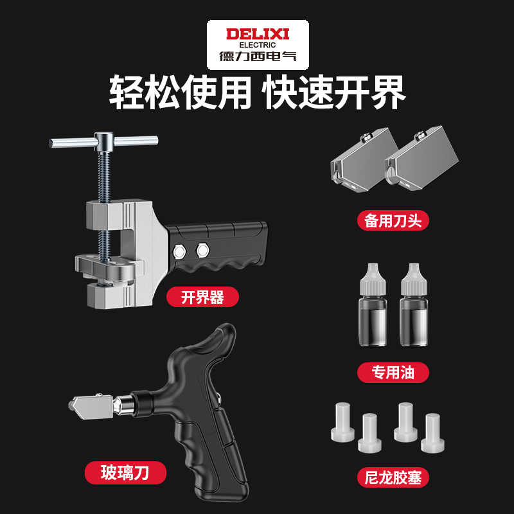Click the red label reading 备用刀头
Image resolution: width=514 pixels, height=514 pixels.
point(392,220)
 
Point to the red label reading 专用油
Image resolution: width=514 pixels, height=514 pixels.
point(392,371)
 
